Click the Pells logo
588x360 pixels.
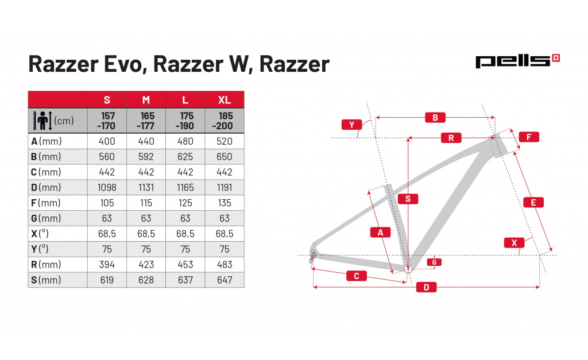(x=517, y=61)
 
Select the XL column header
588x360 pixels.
(x=225, y=100)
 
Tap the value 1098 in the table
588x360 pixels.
(x=107, y=187)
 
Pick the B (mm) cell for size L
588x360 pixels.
(x=185, y=157)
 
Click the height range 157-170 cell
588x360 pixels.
(x=107, y=121)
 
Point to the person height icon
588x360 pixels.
(x=44, y=121)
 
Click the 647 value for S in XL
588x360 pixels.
(x=225, y=280)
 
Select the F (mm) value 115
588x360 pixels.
(x=146, y=203)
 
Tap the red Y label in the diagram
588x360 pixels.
(x=351, y=124)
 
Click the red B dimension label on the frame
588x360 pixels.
(x=435, y=118)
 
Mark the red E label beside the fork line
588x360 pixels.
(x=533, y=202)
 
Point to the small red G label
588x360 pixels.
(x=434, y=262)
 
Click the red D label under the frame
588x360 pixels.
(x=426, y=288)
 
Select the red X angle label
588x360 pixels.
(x=514, y=243)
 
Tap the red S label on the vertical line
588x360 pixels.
(x=407, y=199)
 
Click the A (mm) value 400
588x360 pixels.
(x=107, y=141)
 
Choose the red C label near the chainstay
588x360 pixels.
(x=356, y=276)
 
